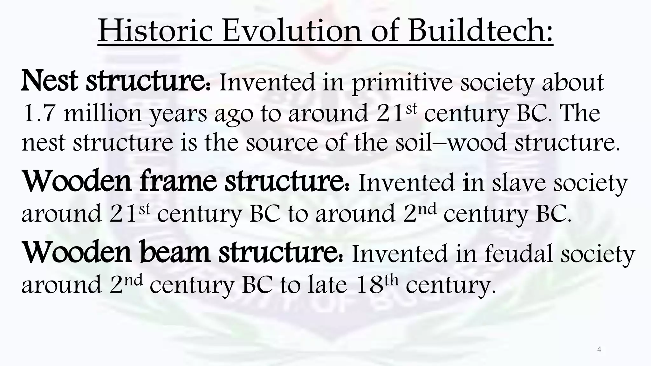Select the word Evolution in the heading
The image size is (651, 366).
pos(291,31)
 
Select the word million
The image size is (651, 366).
pos(102,113)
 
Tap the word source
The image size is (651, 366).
pos(282,143)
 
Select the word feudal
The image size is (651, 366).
pos(518,254)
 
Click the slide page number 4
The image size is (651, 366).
pos(599,350)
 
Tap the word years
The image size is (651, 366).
pos(178,115)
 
